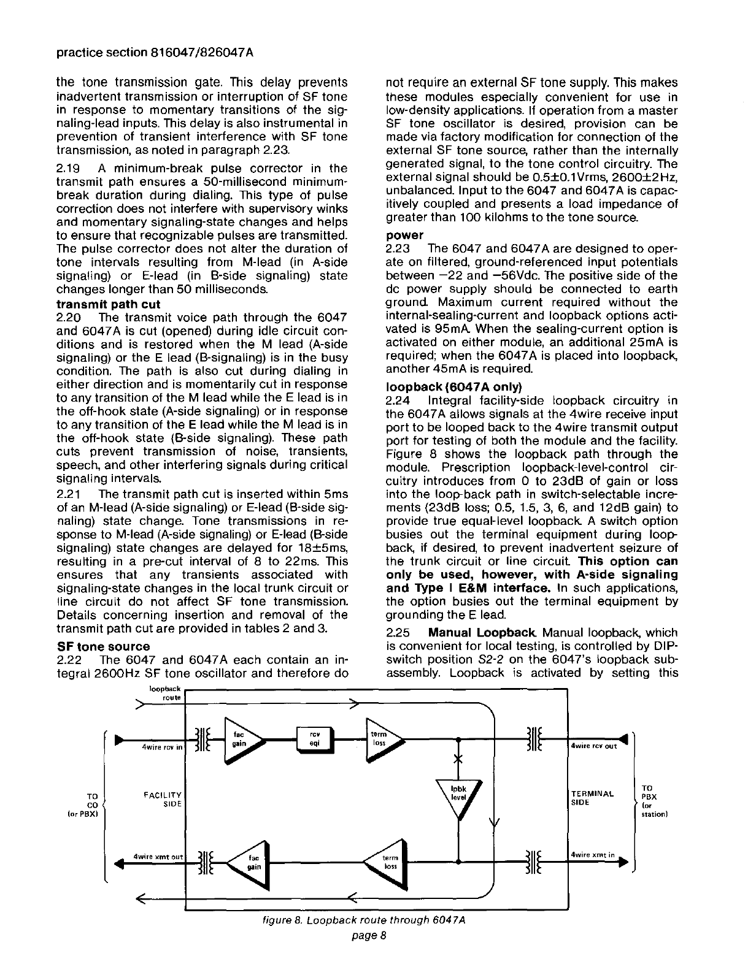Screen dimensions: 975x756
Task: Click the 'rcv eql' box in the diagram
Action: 314,738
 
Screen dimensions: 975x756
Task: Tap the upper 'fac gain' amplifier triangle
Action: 241,738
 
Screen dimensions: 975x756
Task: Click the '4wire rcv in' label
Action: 162,747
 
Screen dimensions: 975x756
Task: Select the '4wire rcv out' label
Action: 593,746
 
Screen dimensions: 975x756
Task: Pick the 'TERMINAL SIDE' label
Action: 592,798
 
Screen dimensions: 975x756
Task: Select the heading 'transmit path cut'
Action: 108,304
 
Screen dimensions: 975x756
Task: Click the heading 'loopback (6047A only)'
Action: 453,387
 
